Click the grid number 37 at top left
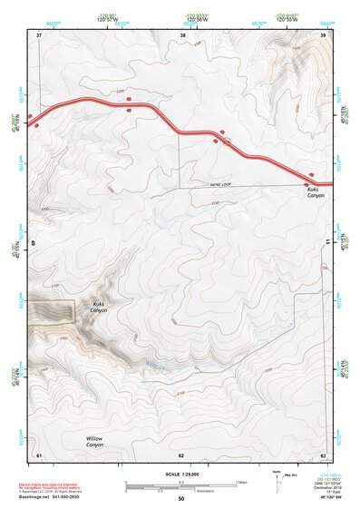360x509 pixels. point(39,34)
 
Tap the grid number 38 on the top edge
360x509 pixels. point(183,34)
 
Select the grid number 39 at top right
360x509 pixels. point(324,34)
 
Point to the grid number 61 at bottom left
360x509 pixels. point(39,454)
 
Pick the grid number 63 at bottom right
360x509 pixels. point(324,454)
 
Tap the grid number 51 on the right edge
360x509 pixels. point(325,241)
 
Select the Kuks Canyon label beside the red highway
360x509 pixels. point(315,192)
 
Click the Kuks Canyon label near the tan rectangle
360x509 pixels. point(98,307)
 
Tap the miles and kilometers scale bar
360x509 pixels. point(181,487)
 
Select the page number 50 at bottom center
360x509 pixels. point(181,499)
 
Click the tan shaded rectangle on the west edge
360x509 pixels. point(51,309)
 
